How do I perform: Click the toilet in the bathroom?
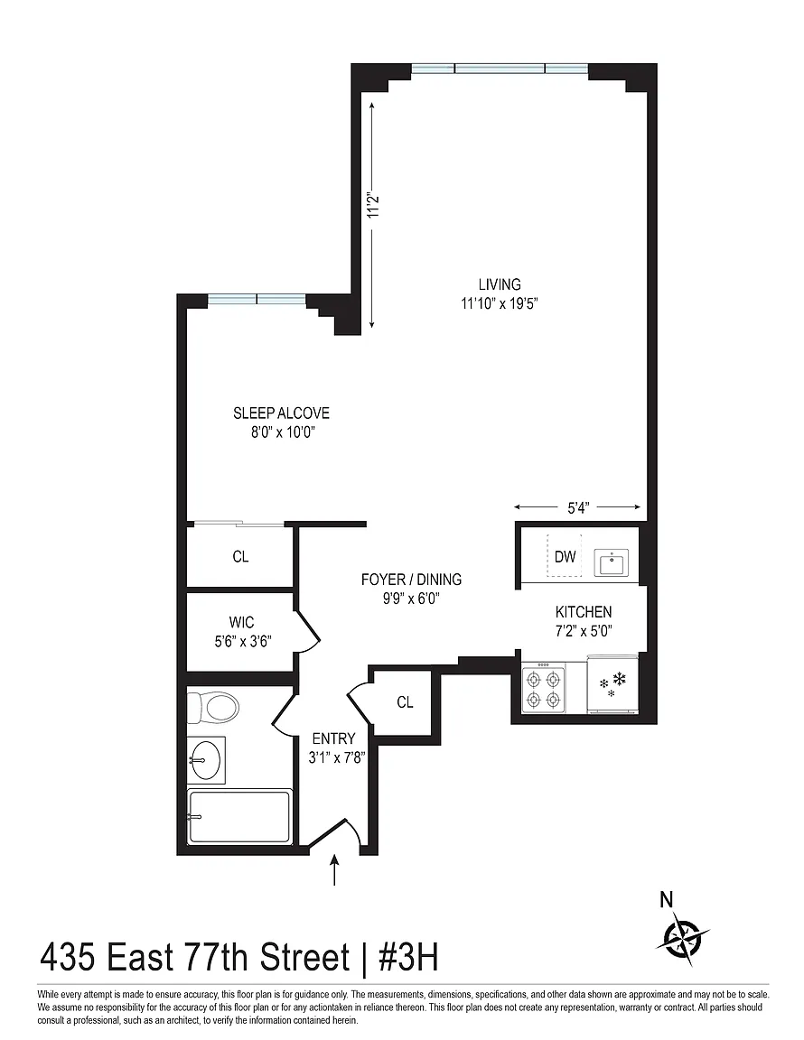point(212,707)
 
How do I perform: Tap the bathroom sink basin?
point(207,758)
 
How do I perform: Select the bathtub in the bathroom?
point(239,816)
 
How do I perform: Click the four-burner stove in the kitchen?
point(544,689)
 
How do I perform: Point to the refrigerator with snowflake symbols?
point(613,685)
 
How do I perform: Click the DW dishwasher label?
point(565,556)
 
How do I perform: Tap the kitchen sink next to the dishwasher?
point(612,562)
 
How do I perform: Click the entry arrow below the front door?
point(334,869)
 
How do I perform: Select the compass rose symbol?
point(683,940)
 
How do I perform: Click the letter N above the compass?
point(666,899)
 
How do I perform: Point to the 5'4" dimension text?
point(578,508)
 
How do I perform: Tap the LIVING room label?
point(500,283)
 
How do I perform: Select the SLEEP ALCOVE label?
point(281,413)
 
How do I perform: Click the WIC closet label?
point(241,622)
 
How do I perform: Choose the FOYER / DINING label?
point(411,579)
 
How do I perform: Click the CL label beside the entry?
point(405,701)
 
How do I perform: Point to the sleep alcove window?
point(257,300)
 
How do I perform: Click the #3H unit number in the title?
point(407,957)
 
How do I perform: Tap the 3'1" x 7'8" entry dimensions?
point(337,757)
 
